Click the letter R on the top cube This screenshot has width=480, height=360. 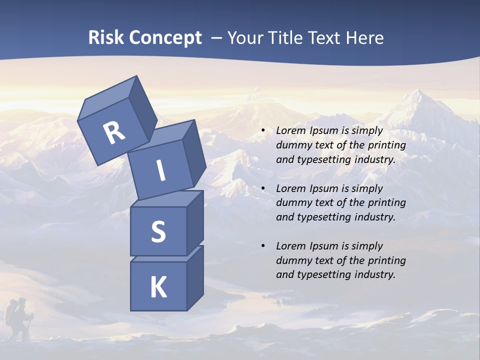pos(114,133)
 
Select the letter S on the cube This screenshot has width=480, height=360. pos(158,231)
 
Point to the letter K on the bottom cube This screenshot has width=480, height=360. pos(158,287)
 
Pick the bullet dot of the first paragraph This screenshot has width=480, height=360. pos(263,131)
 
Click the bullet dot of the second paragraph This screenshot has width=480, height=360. pos(263,188)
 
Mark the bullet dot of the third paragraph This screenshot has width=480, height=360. pos(263,246)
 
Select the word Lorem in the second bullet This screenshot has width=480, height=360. pos(290,188)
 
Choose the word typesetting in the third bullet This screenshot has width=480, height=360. pos(325,274)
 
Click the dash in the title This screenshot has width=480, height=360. pos(217,38)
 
